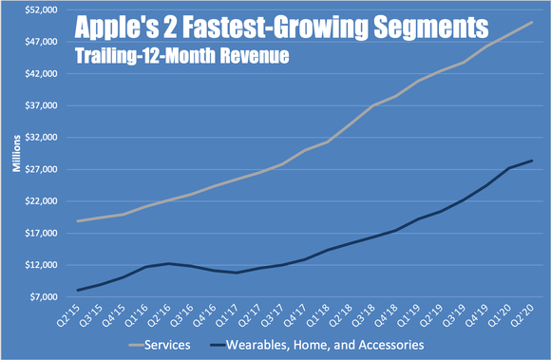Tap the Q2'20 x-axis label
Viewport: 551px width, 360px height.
tap(522, 314)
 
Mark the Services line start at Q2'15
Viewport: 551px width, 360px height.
tap(77, 221)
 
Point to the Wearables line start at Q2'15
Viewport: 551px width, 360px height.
tap(77, 290)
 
